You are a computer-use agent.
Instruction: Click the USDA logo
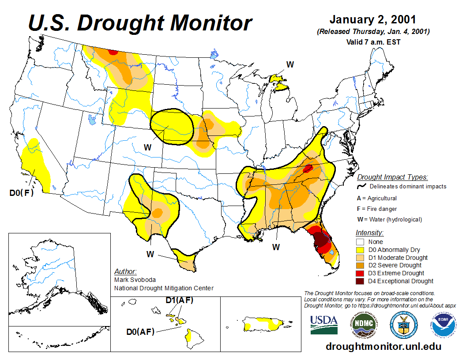point(324,324)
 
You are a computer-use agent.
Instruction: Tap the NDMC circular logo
point(364,324)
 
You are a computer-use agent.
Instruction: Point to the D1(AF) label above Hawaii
point(179,300)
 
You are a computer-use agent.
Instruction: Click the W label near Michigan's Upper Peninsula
point(290,64)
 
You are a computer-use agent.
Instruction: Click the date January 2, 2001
point(372,20)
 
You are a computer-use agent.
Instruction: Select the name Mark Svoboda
point(135,280)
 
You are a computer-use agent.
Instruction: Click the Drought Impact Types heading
point(392,177)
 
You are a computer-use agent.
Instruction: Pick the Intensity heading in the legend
point(369,232)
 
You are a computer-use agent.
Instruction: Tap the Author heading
point(125,271)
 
